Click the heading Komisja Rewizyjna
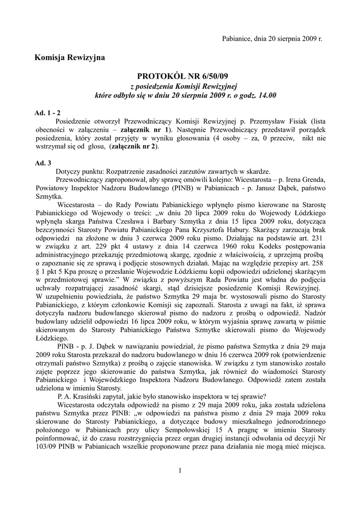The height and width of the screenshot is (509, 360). [x=70, y=58]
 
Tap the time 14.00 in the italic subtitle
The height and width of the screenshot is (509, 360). [x=267, y=94]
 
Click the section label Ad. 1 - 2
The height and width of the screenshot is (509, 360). [x=47, y=113]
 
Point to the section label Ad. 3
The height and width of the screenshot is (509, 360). [x=43, y=163]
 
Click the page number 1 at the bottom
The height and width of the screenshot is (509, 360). [x=180, y=470]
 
